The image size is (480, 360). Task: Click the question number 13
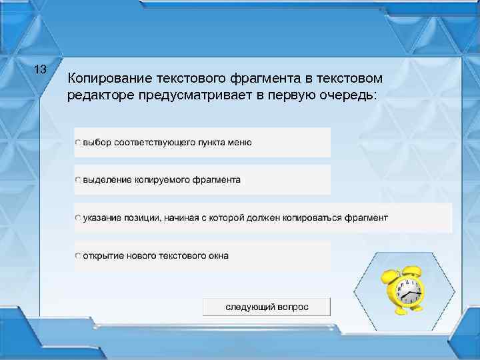[x=39, y=69]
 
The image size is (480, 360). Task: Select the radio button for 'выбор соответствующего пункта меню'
[x=78, y=143]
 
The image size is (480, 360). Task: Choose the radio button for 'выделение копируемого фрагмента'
[x=78, y=180]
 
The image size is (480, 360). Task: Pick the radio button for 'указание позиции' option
[x=78, y=218]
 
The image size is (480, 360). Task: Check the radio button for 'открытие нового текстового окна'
[x=78, y=256]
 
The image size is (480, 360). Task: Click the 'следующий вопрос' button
[x=267, y=307]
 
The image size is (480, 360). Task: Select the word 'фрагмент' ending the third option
[x=366, y=218]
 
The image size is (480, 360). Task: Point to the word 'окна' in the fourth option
[x=217, y=256]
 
